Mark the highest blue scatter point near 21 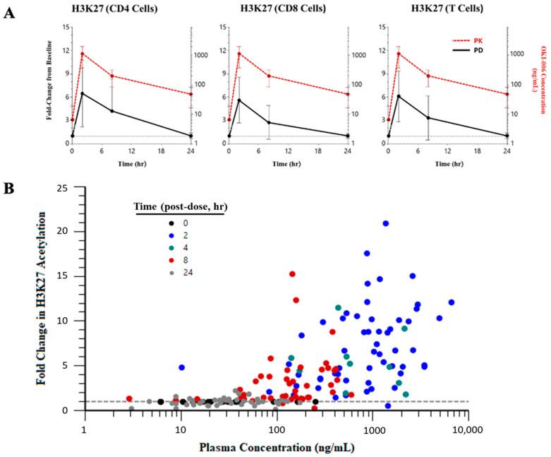pos(386,224)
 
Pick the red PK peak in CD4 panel pos(83,54)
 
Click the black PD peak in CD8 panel pos(239,100)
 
